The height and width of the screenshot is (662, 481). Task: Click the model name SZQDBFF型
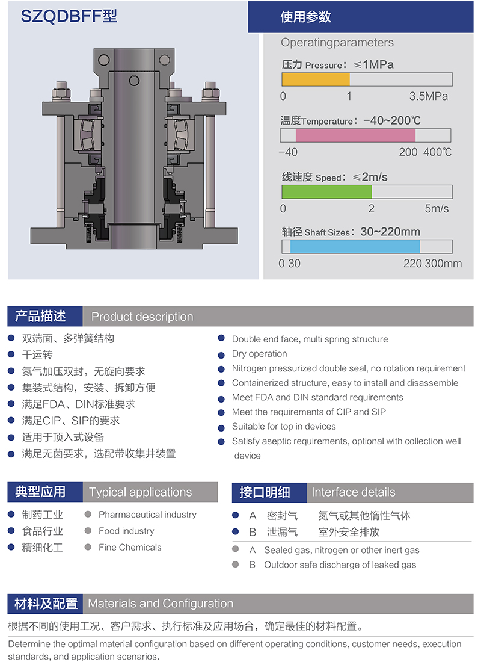[x=69, y=16]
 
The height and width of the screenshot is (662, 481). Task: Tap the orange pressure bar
[x=316, y=79]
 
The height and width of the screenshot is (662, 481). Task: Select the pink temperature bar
[x=355, y=135]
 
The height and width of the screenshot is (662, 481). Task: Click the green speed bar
[x=326, y=191]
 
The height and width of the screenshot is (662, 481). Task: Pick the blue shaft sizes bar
[x=355, y=247]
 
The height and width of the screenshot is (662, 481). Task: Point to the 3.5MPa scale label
[x=428, y=96]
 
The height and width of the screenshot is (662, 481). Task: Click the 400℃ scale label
[x=437, y=152]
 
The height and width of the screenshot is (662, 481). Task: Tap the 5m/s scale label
[x=437, y=209]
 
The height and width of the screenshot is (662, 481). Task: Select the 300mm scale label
[x=443, y=264]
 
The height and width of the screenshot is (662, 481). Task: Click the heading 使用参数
[x=305, y=17]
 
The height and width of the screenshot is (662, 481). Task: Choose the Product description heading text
[x=142, y=317]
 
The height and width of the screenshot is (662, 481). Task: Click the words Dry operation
[x=260, y=354]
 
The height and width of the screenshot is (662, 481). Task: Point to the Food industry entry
[x=126, y=531]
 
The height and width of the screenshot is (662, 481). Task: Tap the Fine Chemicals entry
[x=130, y=547]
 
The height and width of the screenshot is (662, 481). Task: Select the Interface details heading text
[x=353, y=492]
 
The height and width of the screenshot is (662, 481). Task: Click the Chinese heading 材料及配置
[x=46, y=604]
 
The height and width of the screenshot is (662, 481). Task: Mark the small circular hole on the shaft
[x=134, y=81]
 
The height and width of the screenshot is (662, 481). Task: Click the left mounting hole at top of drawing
[x=104, y=60]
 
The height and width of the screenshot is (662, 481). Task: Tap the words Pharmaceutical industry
[x=148, y=515]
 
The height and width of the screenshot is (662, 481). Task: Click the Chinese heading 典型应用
[x=40, y=492]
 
